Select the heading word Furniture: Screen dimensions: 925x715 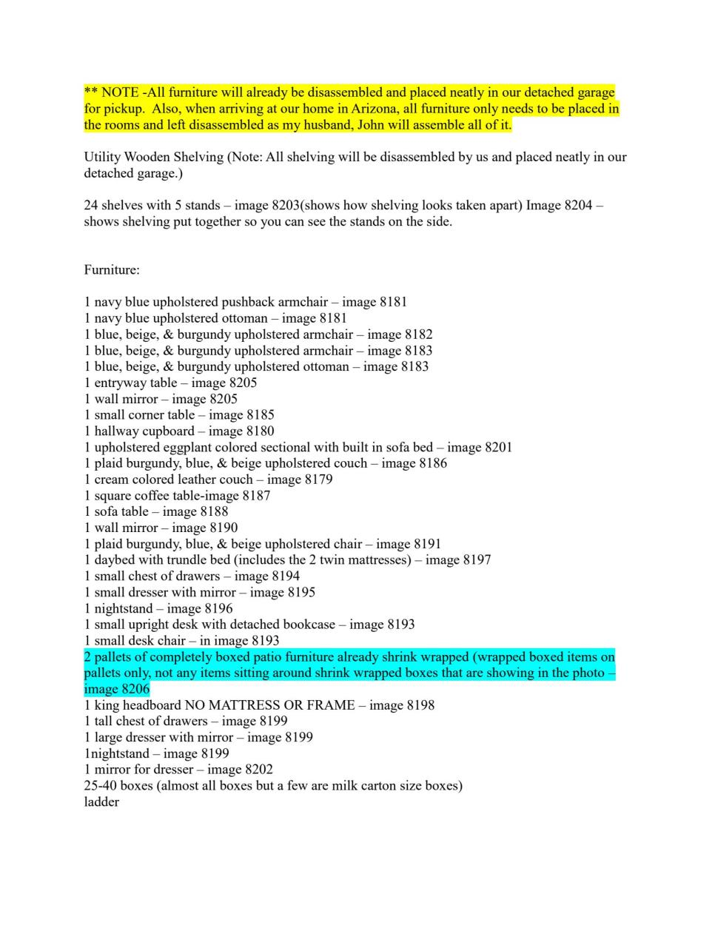112,270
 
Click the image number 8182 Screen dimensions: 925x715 418,334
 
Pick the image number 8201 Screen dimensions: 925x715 497,448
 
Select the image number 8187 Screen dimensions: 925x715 256,496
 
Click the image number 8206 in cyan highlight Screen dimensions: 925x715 135,689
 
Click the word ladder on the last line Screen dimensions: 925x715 101,802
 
